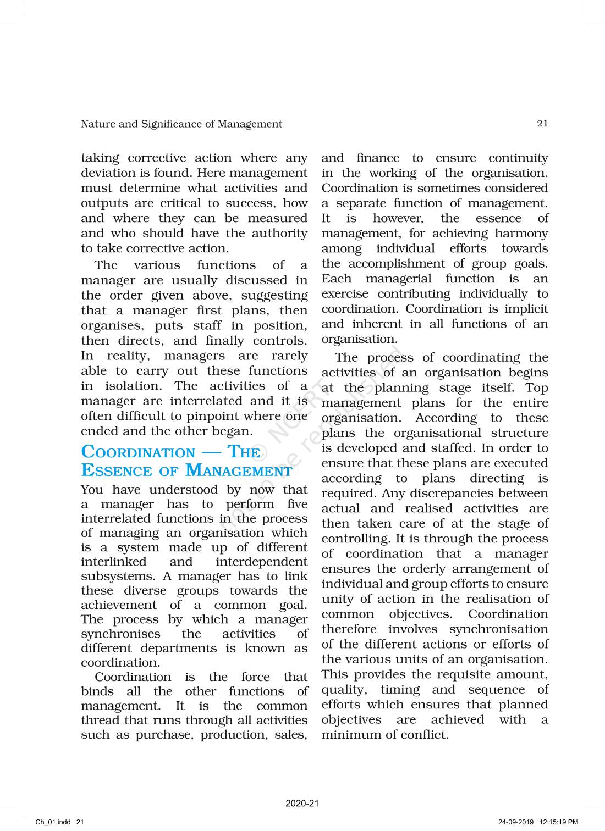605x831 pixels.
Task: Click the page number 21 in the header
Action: pos(542,124)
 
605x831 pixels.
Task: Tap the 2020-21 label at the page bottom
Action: pos(302,803)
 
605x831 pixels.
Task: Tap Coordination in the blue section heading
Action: pos(138,452)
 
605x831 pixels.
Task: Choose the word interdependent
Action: pos(261,562)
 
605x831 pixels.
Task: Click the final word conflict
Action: pos(425,735)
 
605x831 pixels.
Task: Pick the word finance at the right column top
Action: pos(378,158)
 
